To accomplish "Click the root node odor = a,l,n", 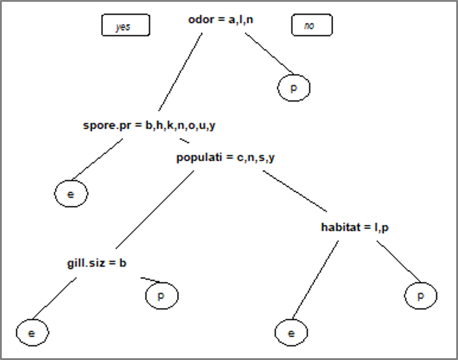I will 221,20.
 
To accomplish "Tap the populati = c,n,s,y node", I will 225,158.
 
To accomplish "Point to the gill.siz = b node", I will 96,263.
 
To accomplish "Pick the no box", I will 311,26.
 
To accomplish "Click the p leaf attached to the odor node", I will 294,89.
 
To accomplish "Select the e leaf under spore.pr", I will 71,194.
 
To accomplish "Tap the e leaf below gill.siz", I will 32,333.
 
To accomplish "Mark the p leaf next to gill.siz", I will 162,295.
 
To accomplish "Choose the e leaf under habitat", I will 291,333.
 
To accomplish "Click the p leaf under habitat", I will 420,295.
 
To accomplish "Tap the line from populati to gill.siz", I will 154,209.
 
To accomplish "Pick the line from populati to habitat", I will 295,191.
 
